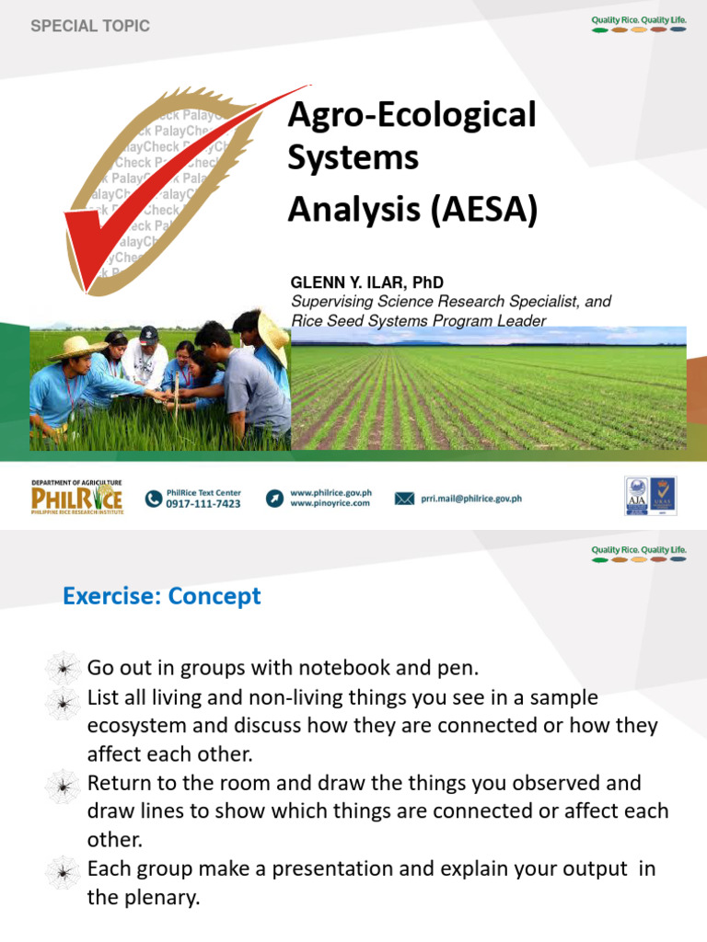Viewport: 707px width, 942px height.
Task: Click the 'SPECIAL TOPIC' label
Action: point(90,27)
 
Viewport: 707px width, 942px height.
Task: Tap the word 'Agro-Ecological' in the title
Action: point(411,115)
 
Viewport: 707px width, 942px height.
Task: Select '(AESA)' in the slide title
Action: point(483,210)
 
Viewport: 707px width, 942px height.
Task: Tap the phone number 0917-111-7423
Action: point(203,504)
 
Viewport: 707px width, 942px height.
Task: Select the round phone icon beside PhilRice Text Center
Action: point(154,499)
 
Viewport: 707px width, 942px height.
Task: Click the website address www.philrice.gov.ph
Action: point(330,493)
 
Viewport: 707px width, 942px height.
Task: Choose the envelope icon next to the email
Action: point(404,499)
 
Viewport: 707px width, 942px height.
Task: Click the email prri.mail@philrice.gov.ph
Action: point(472,499)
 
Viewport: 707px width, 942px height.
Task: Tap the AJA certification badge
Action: point(636,496)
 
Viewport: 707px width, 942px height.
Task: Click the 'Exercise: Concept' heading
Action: point(162,596)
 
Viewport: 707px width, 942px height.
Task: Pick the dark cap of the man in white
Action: point(149,334)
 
